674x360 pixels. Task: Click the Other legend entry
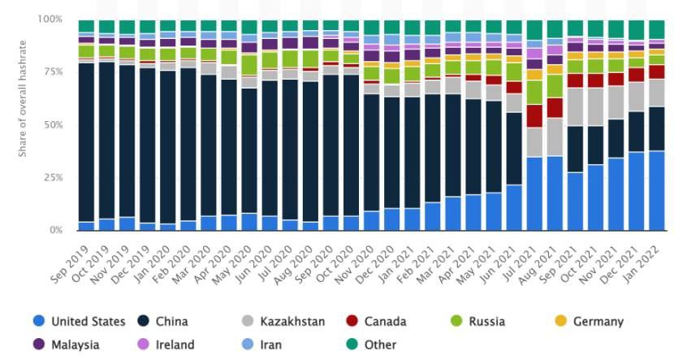[380, 345]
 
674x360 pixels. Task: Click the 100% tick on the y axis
[50, 19]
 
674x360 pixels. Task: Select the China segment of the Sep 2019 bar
[86, 142]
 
